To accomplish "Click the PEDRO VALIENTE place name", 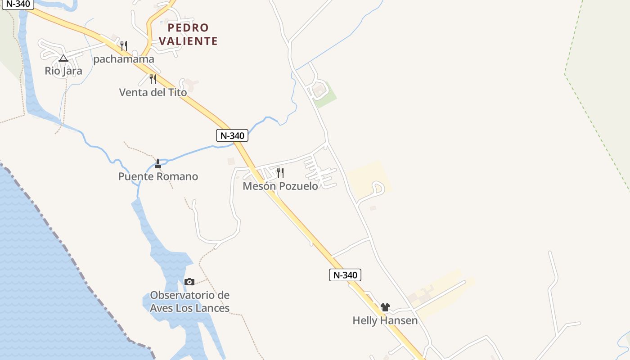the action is click(x=188, y=34).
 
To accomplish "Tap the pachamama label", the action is click(x=124, y=59).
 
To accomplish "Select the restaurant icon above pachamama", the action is click(x=124, y=45).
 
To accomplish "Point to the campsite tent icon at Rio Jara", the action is click(x=63, y=58).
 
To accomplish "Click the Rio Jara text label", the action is click(x=63, y=71).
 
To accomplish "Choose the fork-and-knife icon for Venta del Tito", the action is click(x=153, y=79).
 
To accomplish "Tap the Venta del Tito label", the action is click(x=153, y=92).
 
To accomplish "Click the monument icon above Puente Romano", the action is click(x=157, y=163).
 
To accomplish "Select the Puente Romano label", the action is click(x=158, y=176).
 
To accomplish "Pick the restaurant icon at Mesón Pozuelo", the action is click(x=280, y=172).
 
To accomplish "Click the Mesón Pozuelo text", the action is click(x=280, y=186).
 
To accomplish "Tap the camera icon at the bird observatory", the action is click(x=189, y=282).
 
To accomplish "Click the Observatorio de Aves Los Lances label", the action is click(x=189, y=301).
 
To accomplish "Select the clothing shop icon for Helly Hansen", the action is click(x=385, y=307).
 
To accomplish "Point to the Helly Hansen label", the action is click(x=385, y=320).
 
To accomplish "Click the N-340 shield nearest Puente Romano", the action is click(x=232, y=135).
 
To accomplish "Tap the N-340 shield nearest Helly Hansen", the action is click(x=345, y=275).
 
